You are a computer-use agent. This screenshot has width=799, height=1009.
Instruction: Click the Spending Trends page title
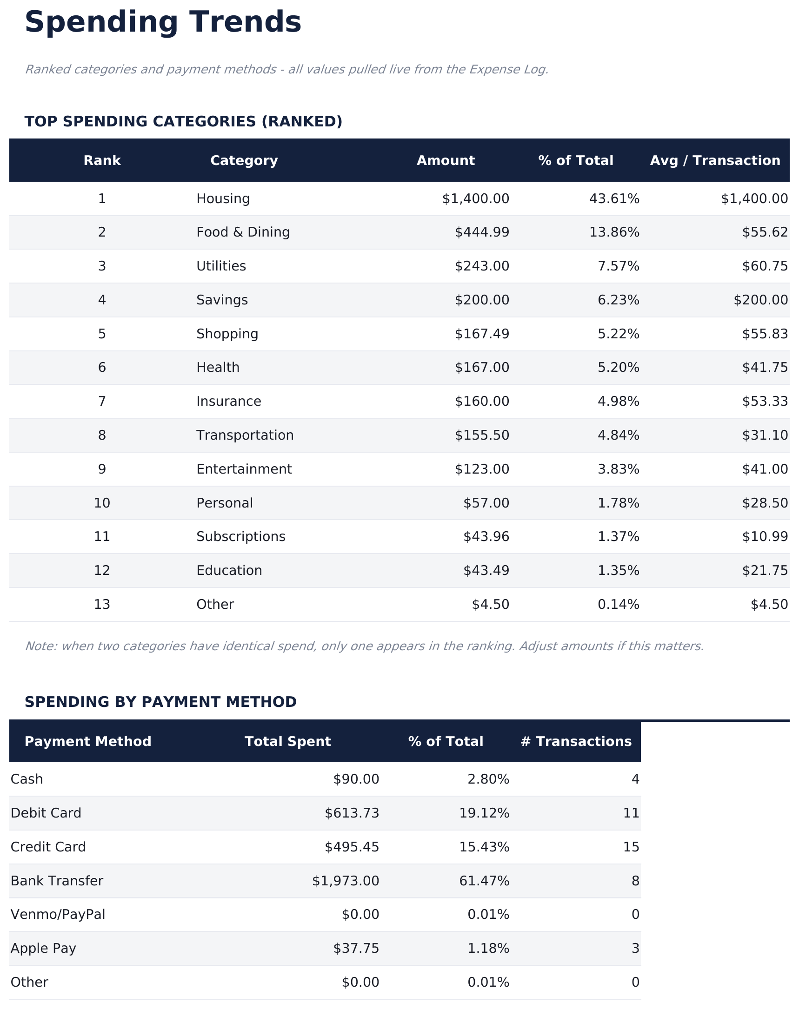click(162, 22)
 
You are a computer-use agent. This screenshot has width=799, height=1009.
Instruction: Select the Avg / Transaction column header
click(715, 160)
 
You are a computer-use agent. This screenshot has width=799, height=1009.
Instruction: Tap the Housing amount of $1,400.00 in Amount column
click(475, 199)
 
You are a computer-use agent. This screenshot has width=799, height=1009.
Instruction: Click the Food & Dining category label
click(243, 232)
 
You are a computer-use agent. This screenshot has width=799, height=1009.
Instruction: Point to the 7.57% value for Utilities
click(618, 266)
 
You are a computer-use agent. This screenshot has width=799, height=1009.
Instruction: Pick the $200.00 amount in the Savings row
click(481, 300)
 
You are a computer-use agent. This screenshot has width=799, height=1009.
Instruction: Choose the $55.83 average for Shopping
click(765, 334)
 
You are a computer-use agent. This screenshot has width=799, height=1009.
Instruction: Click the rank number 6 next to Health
click(102, 368)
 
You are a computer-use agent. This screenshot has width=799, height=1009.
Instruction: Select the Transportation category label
click(245, 435)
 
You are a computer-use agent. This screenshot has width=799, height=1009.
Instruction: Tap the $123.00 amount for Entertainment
click(481, 469)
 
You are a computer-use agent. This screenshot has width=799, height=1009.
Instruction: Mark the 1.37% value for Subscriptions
click(618, 536)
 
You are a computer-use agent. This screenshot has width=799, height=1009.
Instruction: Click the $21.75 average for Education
click(765, 570)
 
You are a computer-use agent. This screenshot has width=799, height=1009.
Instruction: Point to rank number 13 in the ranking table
click(102, 605)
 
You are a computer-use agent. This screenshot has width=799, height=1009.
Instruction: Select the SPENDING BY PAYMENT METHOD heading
click(160, 702)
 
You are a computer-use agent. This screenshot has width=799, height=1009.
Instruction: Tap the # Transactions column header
click(576, 742)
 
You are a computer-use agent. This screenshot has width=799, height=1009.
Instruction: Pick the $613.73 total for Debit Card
click(352, 813)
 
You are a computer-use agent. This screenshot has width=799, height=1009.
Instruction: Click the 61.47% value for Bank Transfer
click(484, 881)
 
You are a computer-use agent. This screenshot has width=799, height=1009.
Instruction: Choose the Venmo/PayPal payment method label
click(58, 914)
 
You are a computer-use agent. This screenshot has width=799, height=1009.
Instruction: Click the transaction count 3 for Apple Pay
click(635, 948)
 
